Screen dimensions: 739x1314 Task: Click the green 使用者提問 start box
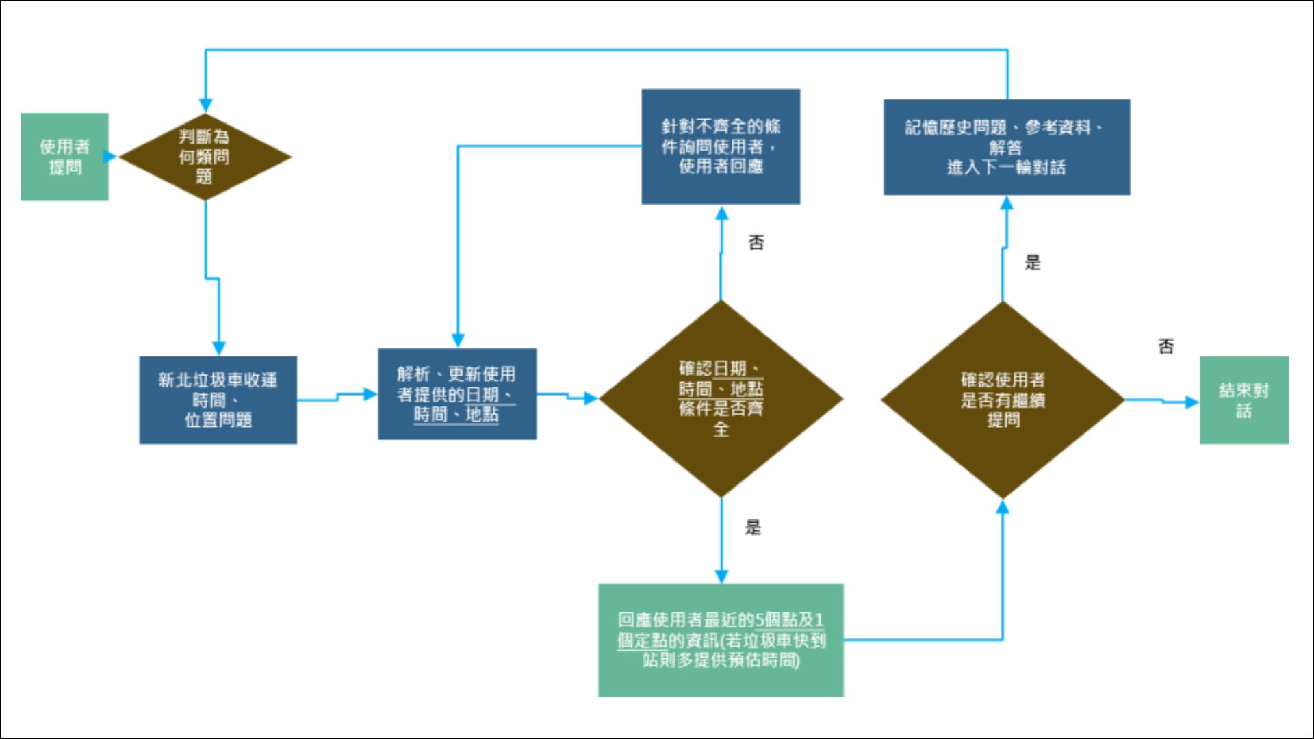[x=64, y=157]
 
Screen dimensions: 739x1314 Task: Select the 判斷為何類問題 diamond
[x=205, y=157]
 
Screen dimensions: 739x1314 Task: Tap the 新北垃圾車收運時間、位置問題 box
[x=218, y=400]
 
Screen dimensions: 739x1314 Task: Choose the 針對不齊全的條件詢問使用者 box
[x=721, y=146]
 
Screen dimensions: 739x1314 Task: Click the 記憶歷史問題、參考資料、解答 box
[x=1006, y=147]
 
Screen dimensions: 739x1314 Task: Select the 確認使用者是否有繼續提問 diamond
[x=1003, y=400]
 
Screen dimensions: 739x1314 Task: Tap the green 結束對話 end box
[x=1244, y=400]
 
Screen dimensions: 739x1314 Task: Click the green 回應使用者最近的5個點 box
[x=721, y=640]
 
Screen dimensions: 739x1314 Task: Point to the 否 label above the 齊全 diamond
[x=756, y=243]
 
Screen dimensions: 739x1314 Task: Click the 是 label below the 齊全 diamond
[x=753, y=527]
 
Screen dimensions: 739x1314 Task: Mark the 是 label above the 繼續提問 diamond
[x=1032, y=262]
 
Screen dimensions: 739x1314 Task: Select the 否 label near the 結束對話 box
[x=1165, y=347]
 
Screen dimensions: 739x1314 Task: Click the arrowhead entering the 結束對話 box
[x=1192, y=402]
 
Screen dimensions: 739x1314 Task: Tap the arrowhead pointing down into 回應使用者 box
[x=721, y=576]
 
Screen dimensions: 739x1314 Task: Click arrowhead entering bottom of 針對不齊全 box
[x=721, y=213]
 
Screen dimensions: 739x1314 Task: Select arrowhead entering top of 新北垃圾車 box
[x=218, y=348]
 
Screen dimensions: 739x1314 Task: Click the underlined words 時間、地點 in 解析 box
[x=456, y=415]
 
